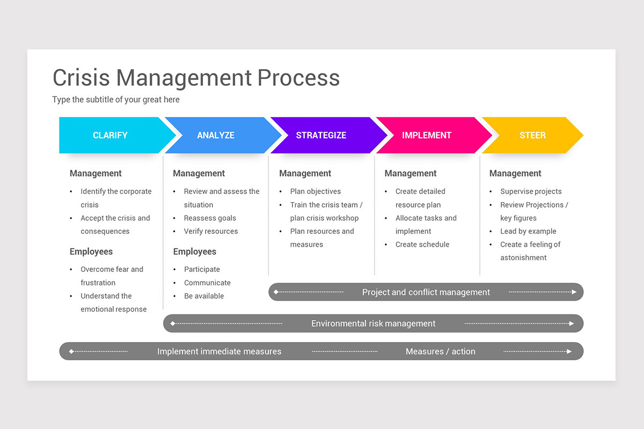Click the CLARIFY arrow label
click(x=110, y=135)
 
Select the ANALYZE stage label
click(x=216, y=135)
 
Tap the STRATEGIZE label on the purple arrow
click(x=321, y=135)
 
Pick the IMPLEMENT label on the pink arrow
click(x=427, y=135)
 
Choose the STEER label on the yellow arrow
click(x=532, y=135)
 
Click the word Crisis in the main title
click(x=81, y=78)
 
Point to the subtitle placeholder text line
click(x=116, y=100)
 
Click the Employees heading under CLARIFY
click(x=91, y=252)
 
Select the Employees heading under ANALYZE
click(x=195, y=252)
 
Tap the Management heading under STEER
click(x=515, y=173)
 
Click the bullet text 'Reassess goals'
click(x=210, y=218)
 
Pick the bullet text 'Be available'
click(x=204, y=296)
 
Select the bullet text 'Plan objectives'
click(x=316, y=191)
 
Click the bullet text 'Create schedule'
click(x=422, y=245)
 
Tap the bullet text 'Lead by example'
click(x=528, y=231)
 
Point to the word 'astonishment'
click(x=523, y=257)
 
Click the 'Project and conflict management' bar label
click(x=426, y=292)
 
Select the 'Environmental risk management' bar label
click(x=374, y=323)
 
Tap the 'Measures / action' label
click(x=441, y=351)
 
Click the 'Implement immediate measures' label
click(x=219, y=351)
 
